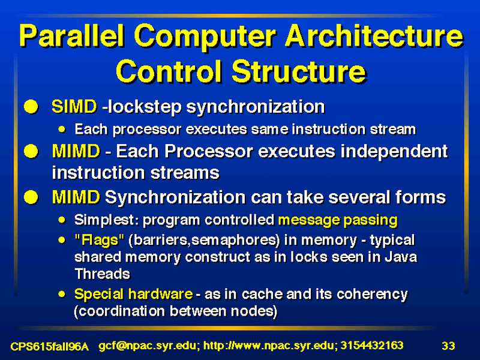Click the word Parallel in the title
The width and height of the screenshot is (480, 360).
point(71,36)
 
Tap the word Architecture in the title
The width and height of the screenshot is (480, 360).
point(374,36)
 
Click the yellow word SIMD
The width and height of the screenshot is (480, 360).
point(74,107)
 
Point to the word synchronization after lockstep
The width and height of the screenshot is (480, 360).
point(256,107)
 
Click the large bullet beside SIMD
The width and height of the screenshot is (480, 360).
point(31,107)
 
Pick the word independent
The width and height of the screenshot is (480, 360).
point(394,151)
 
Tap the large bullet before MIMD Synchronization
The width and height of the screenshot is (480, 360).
point(31,197)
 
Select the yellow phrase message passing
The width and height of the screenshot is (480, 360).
point(338,220)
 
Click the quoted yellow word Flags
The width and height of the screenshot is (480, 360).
point(100,240)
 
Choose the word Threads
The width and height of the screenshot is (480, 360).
point(102,274)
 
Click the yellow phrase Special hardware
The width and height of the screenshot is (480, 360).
point(133,294)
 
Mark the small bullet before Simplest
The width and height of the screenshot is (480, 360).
point(62,220)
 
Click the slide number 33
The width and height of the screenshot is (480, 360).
point(448,346)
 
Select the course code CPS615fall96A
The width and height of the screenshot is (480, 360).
point(50,347)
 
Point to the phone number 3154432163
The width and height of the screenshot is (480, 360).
point(372,346)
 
